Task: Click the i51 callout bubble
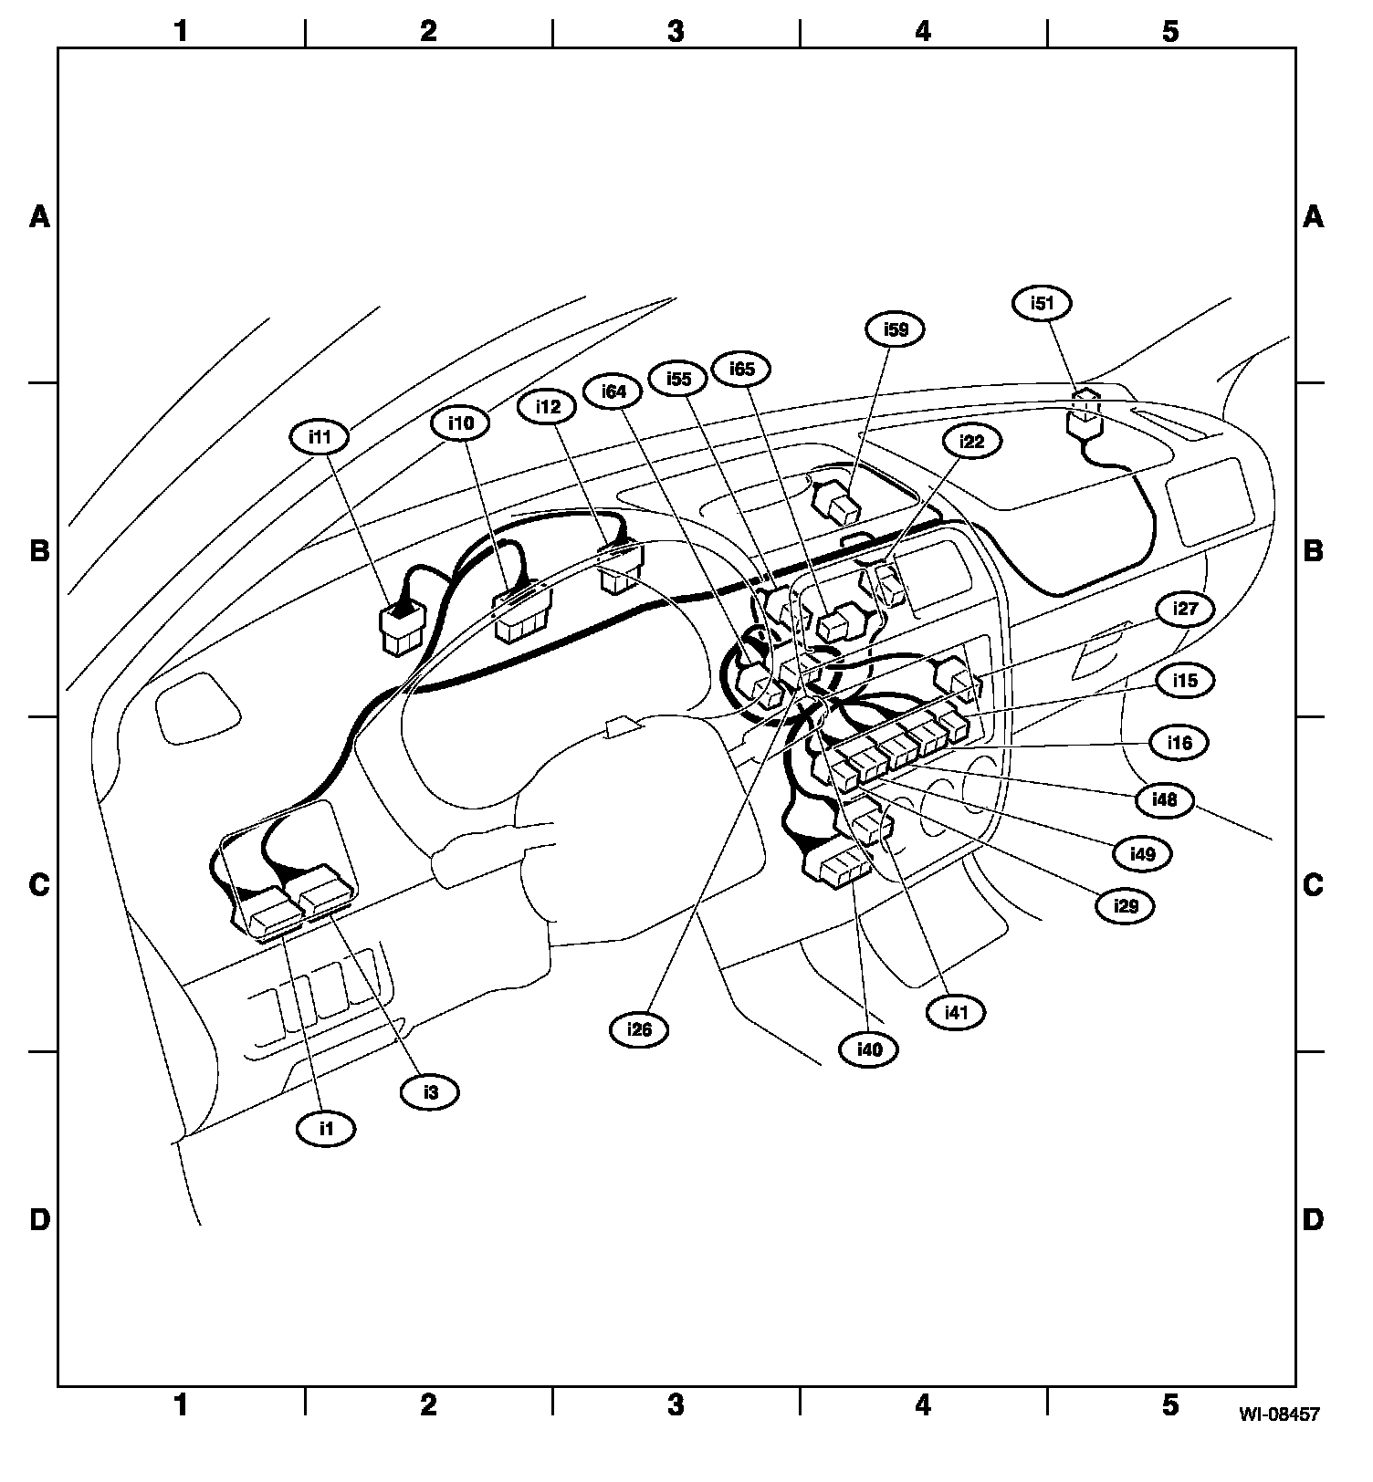click(1043, 303)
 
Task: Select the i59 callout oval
click(896, 329)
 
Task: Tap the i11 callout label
click(319, 436)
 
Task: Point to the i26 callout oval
click(639, 1029)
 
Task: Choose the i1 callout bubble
click(326, 1129)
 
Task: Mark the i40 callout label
click(869, 1049)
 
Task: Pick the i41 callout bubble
click(955, 1011)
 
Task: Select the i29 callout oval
click(1126, 905)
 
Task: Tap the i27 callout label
click(1185, 609)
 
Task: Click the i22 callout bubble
click(973, 442)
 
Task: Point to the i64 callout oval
click(613, 391)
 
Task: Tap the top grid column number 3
click(675, 31)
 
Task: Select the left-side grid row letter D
click(39, 1219)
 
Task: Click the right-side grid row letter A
click(1312, 216)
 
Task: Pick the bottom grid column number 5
click(1169, 1405)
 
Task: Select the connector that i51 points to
click(1084, 422)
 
